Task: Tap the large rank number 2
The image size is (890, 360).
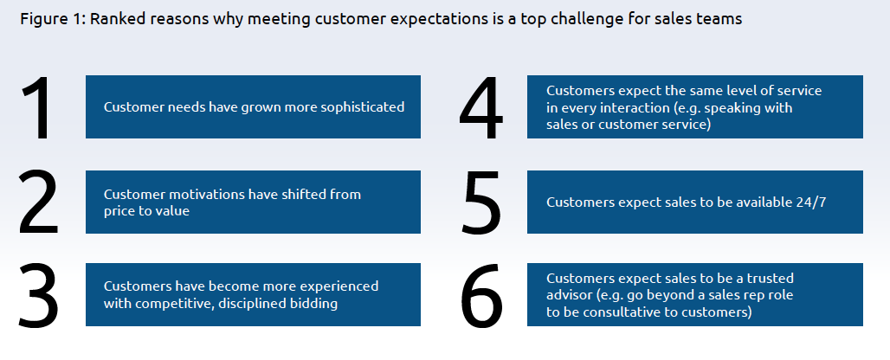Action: (x=39, y=202)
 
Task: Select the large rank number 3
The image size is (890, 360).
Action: (x=39, y=295)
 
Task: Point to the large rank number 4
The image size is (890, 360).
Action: (x=480, y=108)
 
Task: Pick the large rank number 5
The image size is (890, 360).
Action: (x=482, y=202)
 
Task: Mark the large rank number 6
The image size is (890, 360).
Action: (x=482, y=295)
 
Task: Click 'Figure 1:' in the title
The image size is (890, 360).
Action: (x=53, y=19)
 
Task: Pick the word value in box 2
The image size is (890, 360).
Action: (x=172, y=211)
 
